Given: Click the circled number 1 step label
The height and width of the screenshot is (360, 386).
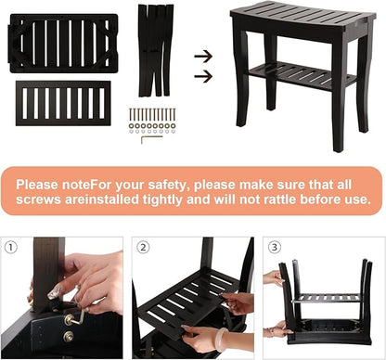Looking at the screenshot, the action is click(11, 248).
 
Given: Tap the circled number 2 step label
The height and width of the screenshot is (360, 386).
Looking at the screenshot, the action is click(143, 248).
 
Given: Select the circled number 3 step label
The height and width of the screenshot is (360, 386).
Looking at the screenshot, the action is click(275, 247).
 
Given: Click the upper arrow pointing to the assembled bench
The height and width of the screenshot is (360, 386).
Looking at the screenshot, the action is click(203, 57).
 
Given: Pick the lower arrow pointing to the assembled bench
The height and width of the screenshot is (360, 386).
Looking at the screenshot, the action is click(203, 76).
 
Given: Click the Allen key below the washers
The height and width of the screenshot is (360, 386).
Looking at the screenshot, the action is click(151, 139).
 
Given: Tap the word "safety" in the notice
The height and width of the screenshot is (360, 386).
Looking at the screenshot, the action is click(166, 185).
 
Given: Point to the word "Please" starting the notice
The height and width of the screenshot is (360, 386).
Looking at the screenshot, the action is click(37, 185).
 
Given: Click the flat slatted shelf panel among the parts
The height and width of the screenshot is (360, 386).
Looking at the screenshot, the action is click(63, 103).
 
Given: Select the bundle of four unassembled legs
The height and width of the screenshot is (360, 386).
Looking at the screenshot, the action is click(155, 50).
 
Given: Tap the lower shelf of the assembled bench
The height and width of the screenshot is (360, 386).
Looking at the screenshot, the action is click(302, 76).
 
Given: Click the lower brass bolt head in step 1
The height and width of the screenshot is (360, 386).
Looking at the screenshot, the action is click(69, 336).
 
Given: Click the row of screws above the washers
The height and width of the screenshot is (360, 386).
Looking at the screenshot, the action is click(152, 114).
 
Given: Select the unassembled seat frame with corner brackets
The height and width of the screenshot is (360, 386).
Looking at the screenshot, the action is click(63, 44).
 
